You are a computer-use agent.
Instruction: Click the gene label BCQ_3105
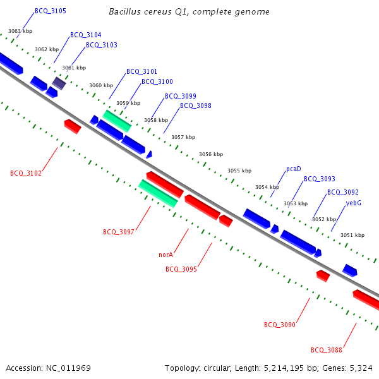click(51, 11)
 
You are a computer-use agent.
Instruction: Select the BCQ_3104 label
click(86, 35)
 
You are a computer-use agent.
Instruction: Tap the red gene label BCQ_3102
click(26, 173)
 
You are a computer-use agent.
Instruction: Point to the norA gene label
click(165, 255)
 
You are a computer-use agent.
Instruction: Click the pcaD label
click(294, 169)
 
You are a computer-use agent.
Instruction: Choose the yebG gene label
click(354, 203)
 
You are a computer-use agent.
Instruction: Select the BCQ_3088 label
click(327, 350)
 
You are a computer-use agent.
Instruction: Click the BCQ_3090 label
click(280, 325)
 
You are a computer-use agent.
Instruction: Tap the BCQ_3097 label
click(119, 232)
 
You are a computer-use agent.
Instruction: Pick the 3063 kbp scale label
click(20, 31)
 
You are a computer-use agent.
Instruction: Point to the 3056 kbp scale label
click(211, 154)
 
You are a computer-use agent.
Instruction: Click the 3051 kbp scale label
click(352, 235)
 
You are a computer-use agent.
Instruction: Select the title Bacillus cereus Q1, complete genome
click(189, 12)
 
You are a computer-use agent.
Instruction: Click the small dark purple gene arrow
click(59, 83)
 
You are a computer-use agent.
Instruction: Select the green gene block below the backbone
click(158, 193)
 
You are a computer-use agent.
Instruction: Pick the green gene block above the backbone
click(117, 121)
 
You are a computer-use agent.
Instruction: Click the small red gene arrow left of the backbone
click(73, 126)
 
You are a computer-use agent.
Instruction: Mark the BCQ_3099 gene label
click(181, 97)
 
